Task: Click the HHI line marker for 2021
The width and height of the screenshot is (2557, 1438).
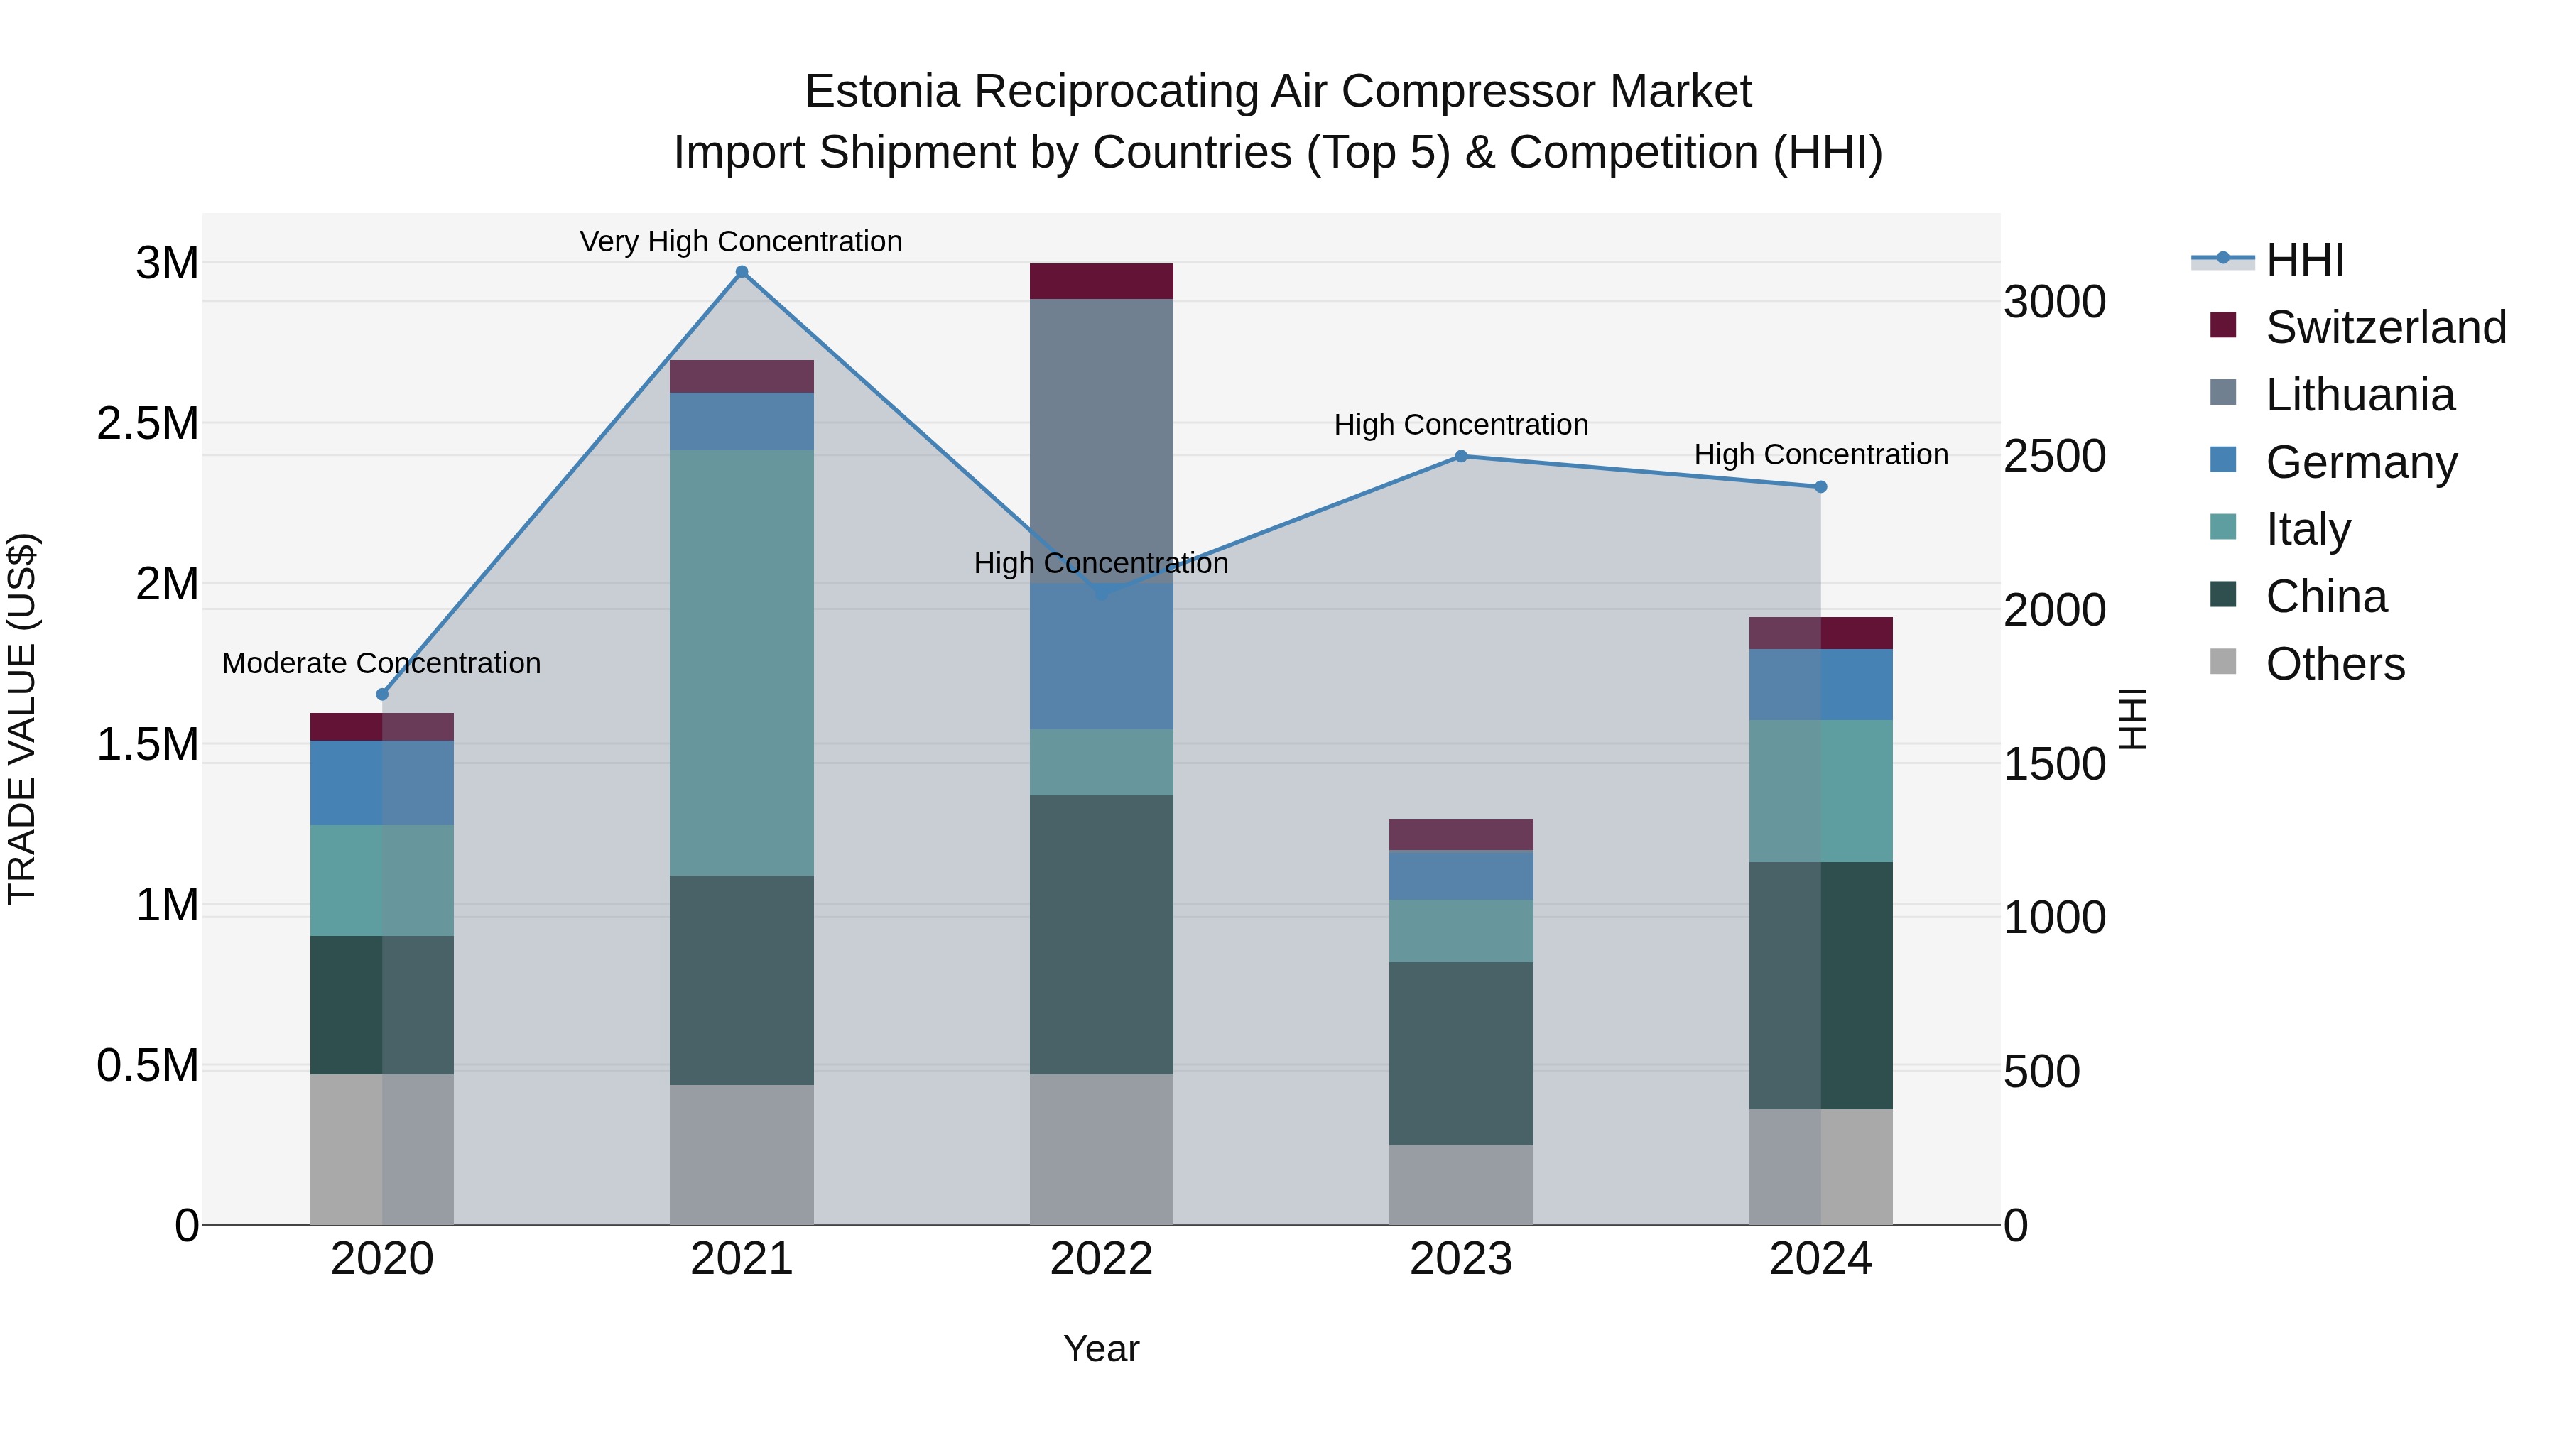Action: click(x=742, y=272)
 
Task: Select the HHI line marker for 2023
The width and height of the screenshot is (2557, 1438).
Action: click(x=1461, y=457)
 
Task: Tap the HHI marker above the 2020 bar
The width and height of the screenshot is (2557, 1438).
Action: click(x=382, y=695)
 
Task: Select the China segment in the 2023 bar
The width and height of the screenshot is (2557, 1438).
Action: click(x=1461, y=1053)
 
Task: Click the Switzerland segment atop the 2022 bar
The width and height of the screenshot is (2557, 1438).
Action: click(x=1101, y=280)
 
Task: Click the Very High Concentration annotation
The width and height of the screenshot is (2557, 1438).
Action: click(x=741, y=241)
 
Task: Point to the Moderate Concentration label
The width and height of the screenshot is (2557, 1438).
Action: click(x=381, y=663)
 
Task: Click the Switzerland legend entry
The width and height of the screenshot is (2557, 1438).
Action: click(x=2385, y=327)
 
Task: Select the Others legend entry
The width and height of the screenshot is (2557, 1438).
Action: click(x=2335, y=664)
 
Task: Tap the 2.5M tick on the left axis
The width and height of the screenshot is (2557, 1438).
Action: click(x=148, y=424)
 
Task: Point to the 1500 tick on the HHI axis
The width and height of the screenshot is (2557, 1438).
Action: click(x=2053, y=764)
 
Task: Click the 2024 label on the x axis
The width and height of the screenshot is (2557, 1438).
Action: click(x=1820, y=1259)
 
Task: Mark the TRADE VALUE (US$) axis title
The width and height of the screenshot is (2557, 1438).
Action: click(x=22, y=719)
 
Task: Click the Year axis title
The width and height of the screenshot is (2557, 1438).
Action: click(x=1101, y=1349)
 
